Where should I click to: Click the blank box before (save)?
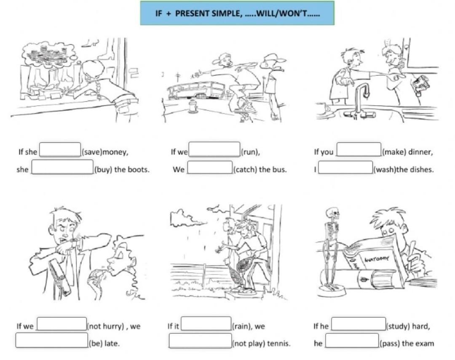[60, 149]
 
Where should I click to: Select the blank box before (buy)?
[63, 167]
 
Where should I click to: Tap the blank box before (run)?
[214, 149]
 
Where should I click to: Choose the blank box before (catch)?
[210, 168]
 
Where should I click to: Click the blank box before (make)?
[359, 149]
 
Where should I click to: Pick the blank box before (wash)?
[345, 168]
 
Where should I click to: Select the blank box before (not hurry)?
[62, 324]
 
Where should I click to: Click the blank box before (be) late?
[52, 340]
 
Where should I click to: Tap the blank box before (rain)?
[206, 324]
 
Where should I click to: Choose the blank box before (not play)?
[200, 341]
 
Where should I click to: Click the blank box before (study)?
[359, 324]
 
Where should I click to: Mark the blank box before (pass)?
[352, 341]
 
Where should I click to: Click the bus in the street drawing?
[195, 90]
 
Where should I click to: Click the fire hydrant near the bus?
[193, 106]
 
